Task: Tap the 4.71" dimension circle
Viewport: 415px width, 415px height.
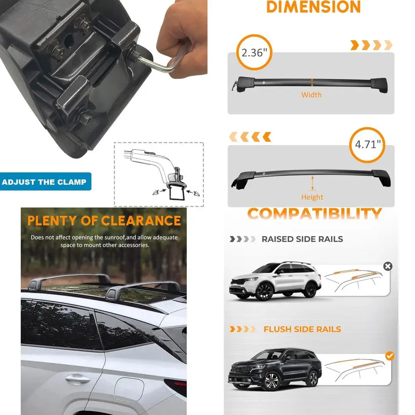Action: tap(367, 144)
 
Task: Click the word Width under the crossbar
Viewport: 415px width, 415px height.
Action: tap(311, 95)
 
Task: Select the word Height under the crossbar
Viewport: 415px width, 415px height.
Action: tap(312, 197)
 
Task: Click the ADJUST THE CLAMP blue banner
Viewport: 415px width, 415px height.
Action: tap(44, 182)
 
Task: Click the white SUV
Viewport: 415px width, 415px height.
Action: tap(276, 280)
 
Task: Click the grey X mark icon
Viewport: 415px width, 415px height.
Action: tap(388, 266)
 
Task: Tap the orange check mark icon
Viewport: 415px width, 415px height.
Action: tap(389, 356)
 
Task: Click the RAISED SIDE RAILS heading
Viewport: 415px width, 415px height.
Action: tap(302, 239)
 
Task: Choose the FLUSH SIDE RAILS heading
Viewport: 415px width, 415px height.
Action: tap(302, 329)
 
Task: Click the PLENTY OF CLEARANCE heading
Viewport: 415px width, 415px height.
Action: tap(104, 220)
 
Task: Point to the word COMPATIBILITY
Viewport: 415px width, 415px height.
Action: tap(314, 214)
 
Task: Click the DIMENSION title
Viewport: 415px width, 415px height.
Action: tap(313, 7)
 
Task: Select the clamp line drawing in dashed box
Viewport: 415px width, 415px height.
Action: tap(159, 174)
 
